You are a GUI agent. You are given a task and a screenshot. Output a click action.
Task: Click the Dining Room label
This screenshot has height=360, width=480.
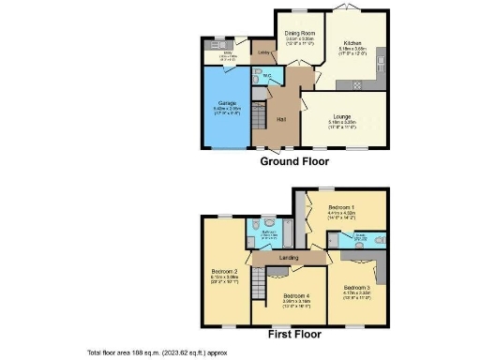click(x=300, y=33)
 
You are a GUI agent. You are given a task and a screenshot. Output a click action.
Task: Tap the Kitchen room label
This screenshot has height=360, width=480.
click(x=352, y=43)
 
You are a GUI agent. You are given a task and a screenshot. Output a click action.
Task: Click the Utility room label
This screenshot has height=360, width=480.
click(x=215, y=53)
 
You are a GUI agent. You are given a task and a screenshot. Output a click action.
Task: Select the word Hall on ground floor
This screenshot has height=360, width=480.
click(x=280, y=119)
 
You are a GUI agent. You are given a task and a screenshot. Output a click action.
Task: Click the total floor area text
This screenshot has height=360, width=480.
click(x=157, y=352)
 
